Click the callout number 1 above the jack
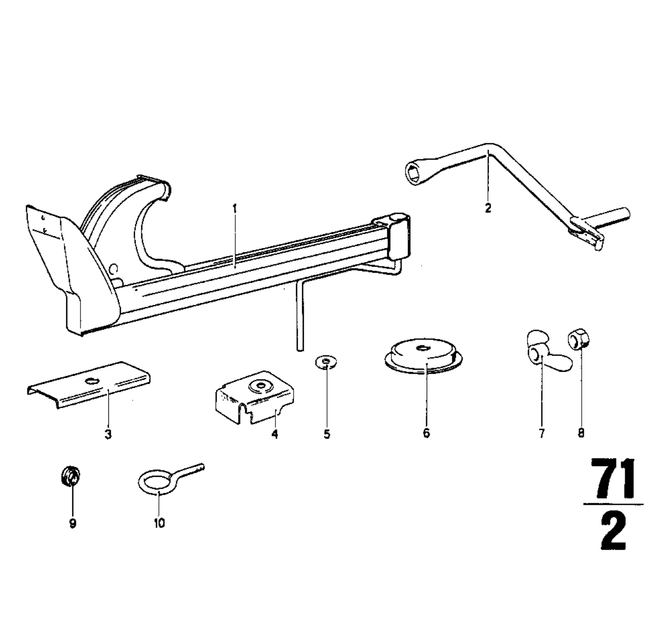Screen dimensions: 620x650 [235, 207]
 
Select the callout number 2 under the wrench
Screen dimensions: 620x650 [488, 208]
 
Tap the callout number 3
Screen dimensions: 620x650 [108, 434]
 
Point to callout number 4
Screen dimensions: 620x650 [275, 434]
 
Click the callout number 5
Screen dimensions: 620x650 [327, 434]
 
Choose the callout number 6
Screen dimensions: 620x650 [426, 433]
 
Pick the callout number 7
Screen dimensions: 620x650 [542, 433]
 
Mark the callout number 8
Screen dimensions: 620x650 [581, 433]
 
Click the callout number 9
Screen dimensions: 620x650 [72, 523]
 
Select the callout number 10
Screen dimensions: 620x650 [159, 523]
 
